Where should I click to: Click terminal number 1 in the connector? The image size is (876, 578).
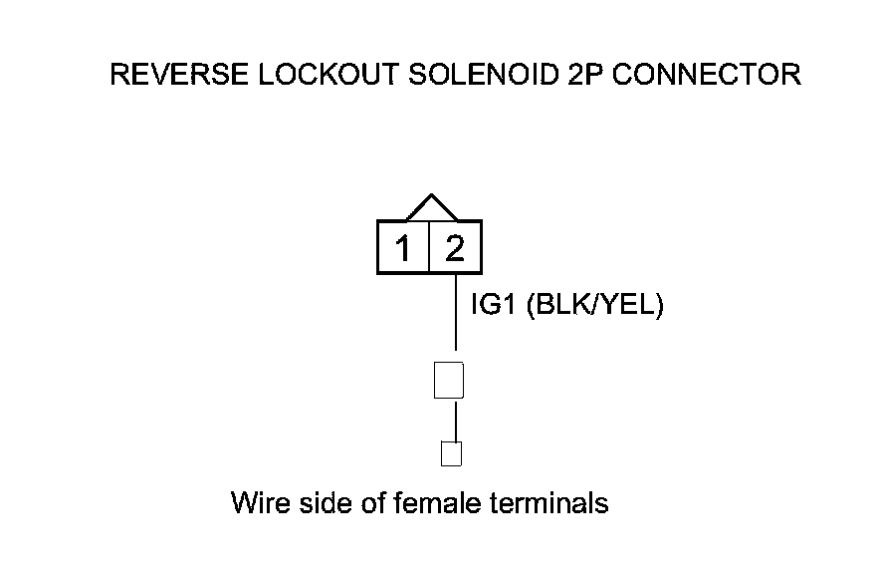tap(402, 248)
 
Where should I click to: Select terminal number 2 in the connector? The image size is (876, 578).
tap(455, 248)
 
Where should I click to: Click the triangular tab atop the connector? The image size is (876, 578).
tap(430, 208)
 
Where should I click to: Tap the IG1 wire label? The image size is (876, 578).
tap(491, 305)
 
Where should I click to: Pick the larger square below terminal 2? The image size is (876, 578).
tap(449, 380)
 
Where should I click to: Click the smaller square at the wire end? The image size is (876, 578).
tap(451, 453)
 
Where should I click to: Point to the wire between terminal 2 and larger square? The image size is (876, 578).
tap(456, 314)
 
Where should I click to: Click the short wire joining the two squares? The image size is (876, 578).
tap(455, 420)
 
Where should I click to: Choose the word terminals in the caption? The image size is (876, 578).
tap(549, 502)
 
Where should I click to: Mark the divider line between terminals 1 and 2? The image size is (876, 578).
tap(428, 248)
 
